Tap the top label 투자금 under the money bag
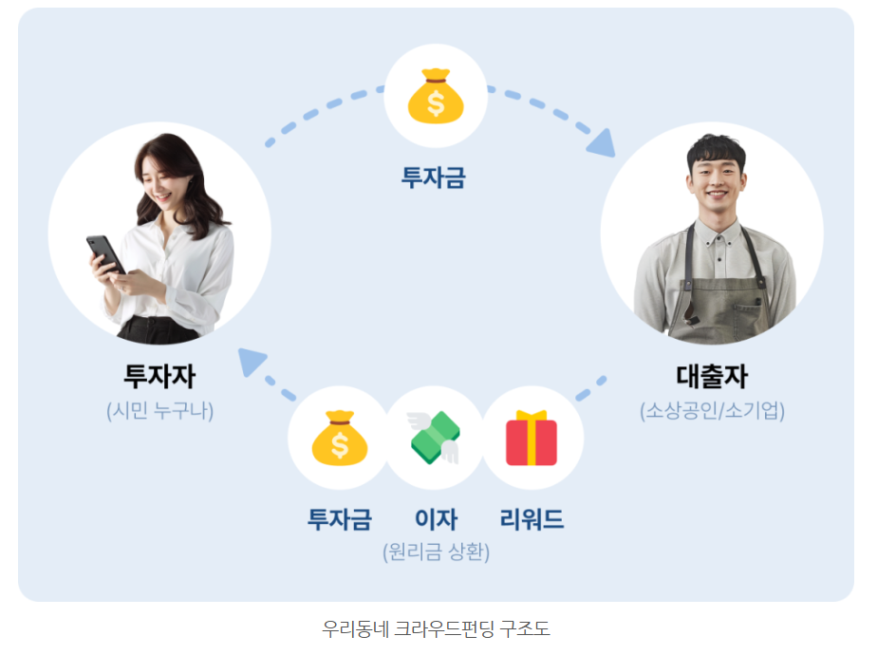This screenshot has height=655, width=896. (434, 178)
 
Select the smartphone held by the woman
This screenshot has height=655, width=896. (105, 253)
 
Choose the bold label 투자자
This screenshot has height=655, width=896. (159, 376)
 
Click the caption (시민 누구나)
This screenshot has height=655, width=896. (159, 411)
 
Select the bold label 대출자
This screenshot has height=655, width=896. (712, 376)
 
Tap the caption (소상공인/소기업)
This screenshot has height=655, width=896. (713, 411)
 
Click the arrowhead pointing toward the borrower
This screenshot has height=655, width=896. (600, 143)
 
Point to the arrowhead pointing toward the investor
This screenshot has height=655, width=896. (252, 362)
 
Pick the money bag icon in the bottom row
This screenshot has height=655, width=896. (339, 438)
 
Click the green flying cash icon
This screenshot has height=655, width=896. (436, 440)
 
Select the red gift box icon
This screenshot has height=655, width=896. (532, 439)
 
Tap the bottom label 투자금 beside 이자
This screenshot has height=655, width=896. (339, 519)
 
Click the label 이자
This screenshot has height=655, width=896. (436, 519)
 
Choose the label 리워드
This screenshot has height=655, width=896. (532, 519)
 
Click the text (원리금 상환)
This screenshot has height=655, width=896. (436, 552)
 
